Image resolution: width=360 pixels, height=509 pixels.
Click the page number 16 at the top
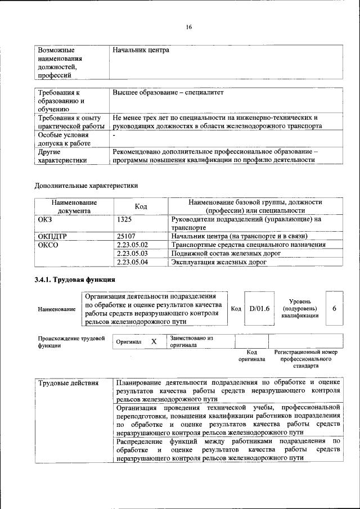tap(189, 27)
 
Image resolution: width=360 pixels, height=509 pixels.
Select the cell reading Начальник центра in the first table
tap(141, 51)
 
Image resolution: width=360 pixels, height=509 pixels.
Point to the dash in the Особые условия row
tap(114, 136)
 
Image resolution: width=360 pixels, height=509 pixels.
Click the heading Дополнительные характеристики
tap(86, 184)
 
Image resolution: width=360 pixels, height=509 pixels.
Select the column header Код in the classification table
tap(141, 206)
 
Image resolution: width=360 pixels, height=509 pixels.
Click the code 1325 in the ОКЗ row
tap(125, 220)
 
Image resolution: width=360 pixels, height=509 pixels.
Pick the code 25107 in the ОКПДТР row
tap(127, 236)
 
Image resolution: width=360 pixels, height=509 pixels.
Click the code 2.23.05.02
tap(132, 245)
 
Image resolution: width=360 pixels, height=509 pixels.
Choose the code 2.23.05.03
tap(132, 253)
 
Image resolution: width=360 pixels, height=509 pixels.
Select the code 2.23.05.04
tap(132, 262)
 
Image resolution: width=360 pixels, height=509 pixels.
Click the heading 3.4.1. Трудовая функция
tap(75, 280)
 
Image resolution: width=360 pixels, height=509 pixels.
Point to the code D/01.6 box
tap(260, 309)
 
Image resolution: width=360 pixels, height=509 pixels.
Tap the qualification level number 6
tap(334, 309)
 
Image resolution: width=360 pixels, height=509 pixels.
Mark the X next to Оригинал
tap(154, 341)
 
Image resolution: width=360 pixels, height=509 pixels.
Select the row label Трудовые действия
tap(68, 384)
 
